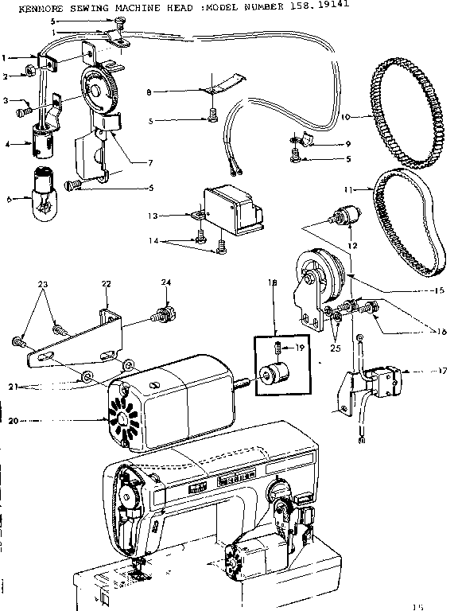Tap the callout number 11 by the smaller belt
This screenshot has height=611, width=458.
(x=368, y=189)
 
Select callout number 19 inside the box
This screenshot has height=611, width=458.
(x=301, y=347)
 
